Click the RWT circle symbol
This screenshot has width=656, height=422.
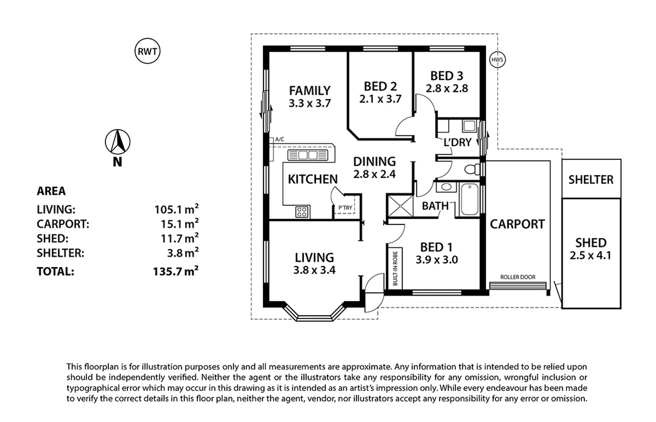pyautogui.click(x=147, y=51)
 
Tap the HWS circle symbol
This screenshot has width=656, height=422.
pyautogui.click(x=497, y=60)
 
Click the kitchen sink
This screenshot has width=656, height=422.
pyautogui.click(x=308, y=155)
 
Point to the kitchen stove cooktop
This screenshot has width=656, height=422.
pyautogui.click(x=301, y=212)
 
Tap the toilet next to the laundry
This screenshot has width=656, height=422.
pyautogui.click(x=472, y=170)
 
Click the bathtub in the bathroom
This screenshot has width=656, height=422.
pyautogui.click(x=469, y=199)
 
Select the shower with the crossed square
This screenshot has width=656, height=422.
pyautogui.click(x=399, y=206)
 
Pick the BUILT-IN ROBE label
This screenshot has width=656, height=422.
pyautogui.click(x=395, y=268)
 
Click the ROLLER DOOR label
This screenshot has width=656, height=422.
pyautogui.click(x=518, y=277)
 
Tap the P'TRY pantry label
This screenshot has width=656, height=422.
pyautogui.click(x=345, y=208)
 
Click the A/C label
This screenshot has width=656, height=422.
pyautogui.click(x=280, y=139)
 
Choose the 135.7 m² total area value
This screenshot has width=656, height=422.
pyautogui.click(x=176, y=271)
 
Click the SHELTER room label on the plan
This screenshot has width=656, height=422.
pyautogui.click(x=591, y=180)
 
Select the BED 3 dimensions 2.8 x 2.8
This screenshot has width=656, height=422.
pyautogui.click(x=447, y=89)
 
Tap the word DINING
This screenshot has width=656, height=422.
pyautogui.click(x=374, y=161)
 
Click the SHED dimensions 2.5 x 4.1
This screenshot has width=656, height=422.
pyautogui.click(x=590, y=256)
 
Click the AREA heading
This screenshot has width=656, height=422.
pyautogui.click(x=51, y=191)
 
